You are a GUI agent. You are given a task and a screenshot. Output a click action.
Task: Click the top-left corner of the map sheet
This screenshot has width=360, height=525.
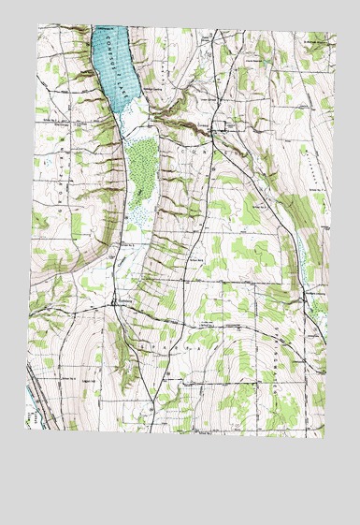38,25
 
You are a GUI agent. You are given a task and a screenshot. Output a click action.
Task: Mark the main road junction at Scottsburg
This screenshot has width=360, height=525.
113,306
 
